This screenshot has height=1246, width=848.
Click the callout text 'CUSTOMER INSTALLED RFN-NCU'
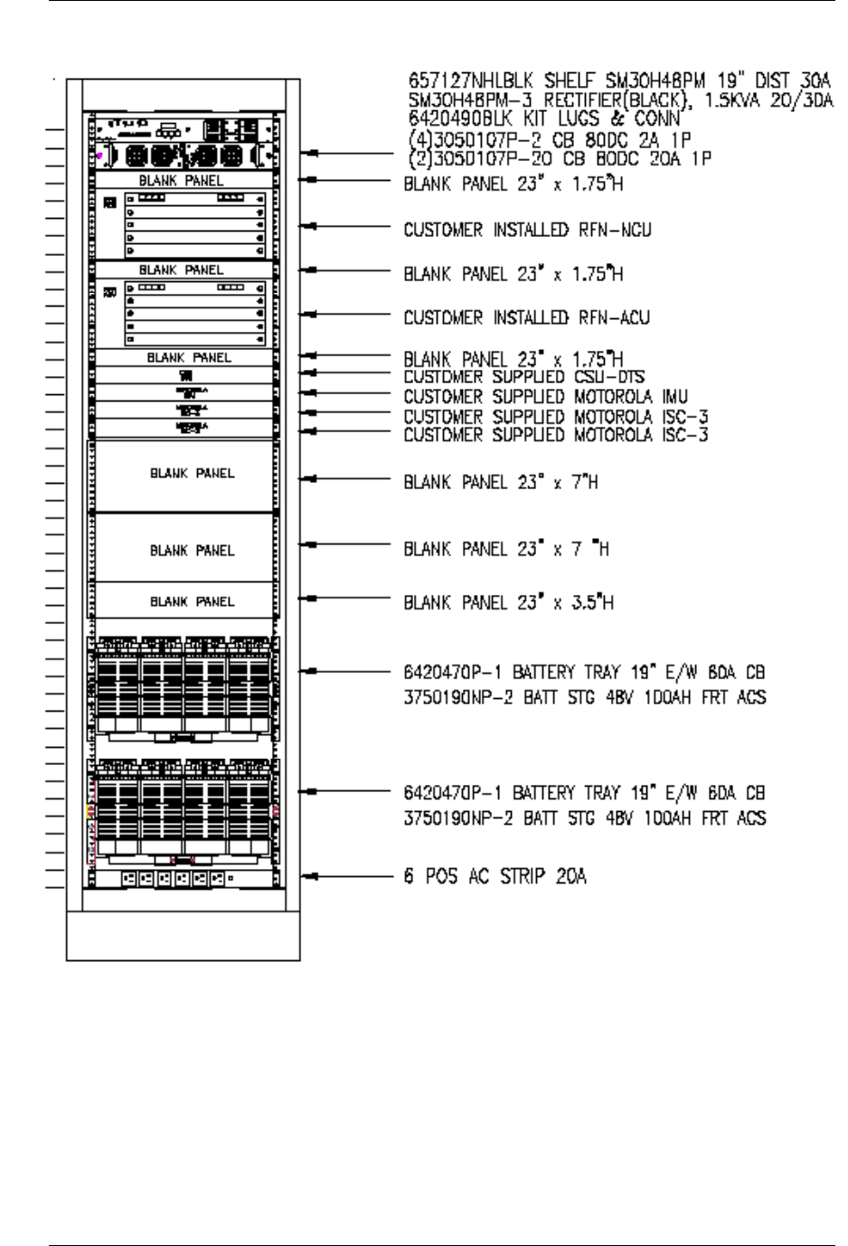(527, 231)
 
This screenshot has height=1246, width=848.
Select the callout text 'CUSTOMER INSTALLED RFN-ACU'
(526, 318)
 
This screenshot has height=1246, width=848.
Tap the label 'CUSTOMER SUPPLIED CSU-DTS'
(523, 376)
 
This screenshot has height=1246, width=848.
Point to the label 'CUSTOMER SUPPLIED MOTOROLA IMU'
(545, 396)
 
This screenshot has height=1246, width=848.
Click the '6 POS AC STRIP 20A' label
(495, 876)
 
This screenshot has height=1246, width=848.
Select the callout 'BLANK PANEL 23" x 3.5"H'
(508, 602)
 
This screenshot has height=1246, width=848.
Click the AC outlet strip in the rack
(180, 877)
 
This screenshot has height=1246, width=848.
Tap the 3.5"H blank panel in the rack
(180, 600)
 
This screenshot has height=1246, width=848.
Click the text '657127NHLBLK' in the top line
(453, 74)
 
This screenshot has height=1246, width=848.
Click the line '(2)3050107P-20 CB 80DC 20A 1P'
(557, 158)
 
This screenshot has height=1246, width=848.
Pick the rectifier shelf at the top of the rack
(181, 143)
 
